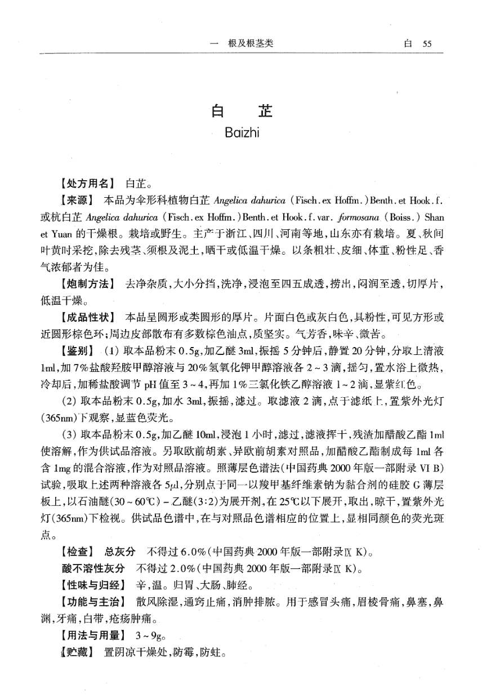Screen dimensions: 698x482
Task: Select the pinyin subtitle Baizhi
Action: click(241, 134)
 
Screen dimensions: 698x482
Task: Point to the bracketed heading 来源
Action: click(77, 201)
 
